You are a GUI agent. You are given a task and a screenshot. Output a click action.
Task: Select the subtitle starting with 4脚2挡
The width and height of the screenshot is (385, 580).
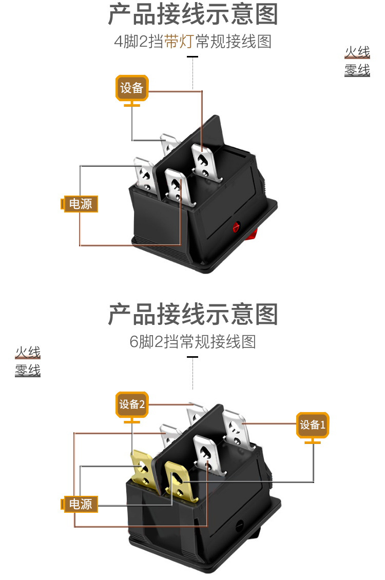(x=192, y=42)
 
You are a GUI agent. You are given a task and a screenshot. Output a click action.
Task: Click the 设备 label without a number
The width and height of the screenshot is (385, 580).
(x=131, y=88)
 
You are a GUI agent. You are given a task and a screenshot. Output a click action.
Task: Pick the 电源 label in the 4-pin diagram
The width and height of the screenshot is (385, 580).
(x=80, y=204)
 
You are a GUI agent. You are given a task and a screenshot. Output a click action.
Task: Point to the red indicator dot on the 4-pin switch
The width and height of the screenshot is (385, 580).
(x=237, y=225)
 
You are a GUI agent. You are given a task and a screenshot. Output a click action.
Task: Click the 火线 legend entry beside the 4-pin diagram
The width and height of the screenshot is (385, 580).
(x=357, y=52)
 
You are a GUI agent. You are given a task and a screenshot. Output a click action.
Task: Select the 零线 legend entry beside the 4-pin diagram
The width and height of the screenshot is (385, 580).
(x=357, y=70)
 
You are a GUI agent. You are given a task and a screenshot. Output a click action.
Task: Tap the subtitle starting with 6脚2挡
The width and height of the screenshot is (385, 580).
(x=192, y=341)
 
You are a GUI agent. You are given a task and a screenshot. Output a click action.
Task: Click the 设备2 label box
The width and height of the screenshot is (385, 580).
(x=132, y=404)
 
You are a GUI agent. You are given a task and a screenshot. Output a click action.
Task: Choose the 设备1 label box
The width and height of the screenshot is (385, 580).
(x=313, y=425)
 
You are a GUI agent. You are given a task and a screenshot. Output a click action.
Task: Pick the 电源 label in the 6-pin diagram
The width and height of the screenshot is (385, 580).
(x=80, y=504)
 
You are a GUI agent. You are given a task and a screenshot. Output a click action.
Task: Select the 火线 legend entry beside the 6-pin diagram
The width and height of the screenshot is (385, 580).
(x=28, y=353)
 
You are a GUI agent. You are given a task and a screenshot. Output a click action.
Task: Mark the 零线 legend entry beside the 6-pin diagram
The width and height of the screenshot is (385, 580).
(x=28, y=370)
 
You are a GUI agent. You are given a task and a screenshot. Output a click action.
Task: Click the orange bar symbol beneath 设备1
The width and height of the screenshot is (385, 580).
(x=313, y=441)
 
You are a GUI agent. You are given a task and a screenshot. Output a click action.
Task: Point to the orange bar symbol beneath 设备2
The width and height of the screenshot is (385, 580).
(x=132, y=421)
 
